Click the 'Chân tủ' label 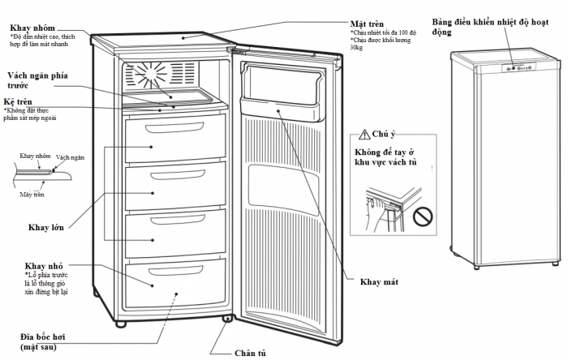click(249, 353)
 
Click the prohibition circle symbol click(421, 217)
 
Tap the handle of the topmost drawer click(174, 130)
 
